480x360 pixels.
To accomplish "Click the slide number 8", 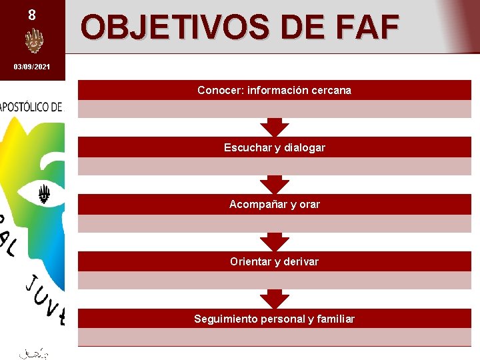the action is [x=32, y=14].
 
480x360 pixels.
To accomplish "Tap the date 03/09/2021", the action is [x=32, y=67].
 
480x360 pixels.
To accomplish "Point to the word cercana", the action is [x=329, y=90].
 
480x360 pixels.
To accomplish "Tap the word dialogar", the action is [x=305, y=147].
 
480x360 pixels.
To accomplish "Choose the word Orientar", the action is [x=251, y=262].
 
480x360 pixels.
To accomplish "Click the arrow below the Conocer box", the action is [x=274, y=127].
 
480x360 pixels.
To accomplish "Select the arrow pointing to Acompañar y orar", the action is [x=274, y=185].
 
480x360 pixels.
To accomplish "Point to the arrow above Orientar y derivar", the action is [x=274, y=242].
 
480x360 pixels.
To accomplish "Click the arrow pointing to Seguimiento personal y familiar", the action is [x=274, y=299].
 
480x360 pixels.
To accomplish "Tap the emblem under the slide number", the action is [x=33, y=42].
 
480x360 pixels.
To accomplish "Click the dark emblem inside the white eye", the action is [x=44, y=194].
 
